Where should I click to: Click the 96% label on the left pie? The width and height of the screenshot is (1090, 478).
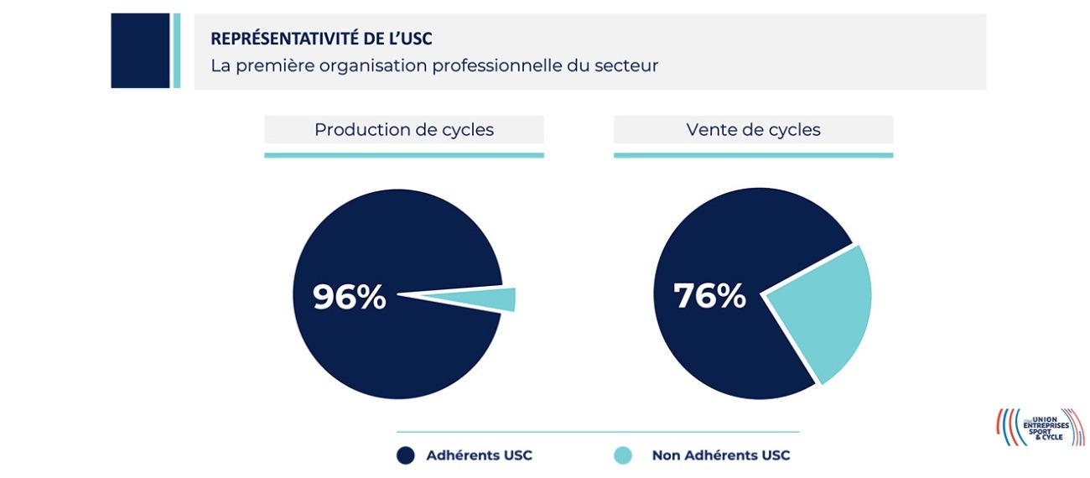click(x=349, y=297)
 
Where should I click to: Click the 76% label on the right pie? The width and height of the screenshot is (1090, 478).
click(x=709, y=295)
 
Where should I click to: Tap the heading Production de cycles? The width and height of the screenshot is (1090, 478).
click(x=403, y=130)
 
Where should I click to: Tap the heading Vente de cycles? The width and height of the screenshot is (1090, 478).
click(x=753, y=130)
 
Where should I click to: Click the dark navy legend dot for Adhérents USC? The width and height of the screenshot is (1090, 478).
click(x=406, y=455)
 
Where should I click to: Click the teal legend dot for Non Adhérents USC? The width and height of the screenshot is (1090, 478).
click(x=622, y=455)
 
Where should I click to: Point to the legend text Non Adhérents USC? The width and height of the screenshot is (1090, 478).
click(x=720, y=455)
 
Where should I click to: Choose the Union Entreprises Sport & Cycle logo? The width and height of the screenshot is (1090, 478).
click(x=1040, y=427)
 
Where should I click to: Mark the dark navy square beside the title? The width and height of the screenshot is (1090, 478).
click(x=140, y=50)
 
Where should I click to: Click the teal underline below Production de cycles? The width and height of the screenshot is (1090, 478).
click(x=403, y=155)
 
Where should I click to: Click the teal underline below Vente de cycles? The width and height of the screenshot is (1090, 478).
click(x=753, y=155)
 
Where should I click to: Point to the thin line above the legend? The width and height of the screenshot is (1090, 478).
click(x=597, y=432)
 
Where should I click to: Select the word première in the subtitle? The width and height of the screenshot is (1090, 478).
click(x=272, y=65)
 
